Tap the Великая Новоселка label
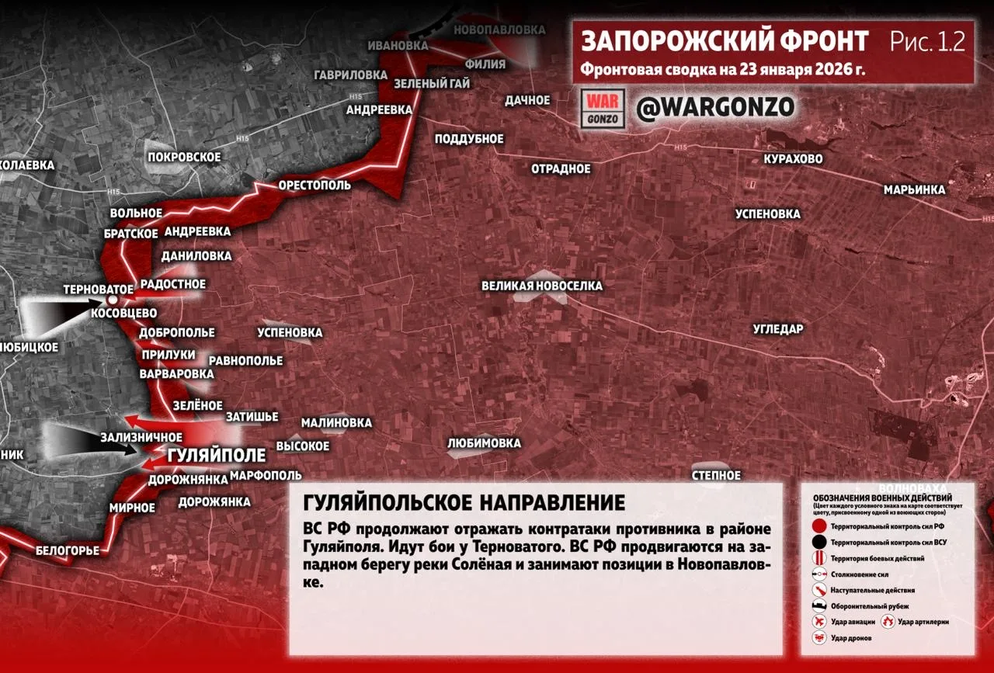coord(541,286)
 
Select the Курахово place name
coord(793,159)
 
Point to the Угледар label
coord(778,329)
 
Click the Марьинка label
coord(914,189)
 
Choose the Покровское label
coord(184,157)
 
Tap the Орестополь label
coord(315,186)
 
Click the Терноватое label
coord(98,289)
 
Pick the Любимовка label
coord(484,443)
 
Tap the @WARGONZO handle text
coord(715,108)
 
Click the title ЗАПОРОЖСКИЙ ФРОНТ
coord(725,40)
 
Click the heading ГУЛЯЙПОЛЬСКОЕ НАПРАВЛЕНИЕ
coord(464,502)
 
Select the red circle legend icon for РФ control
coord(818,526)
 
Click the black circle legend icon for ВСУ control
coord(818,542)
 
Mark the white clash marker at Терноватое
coord(113,300)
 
